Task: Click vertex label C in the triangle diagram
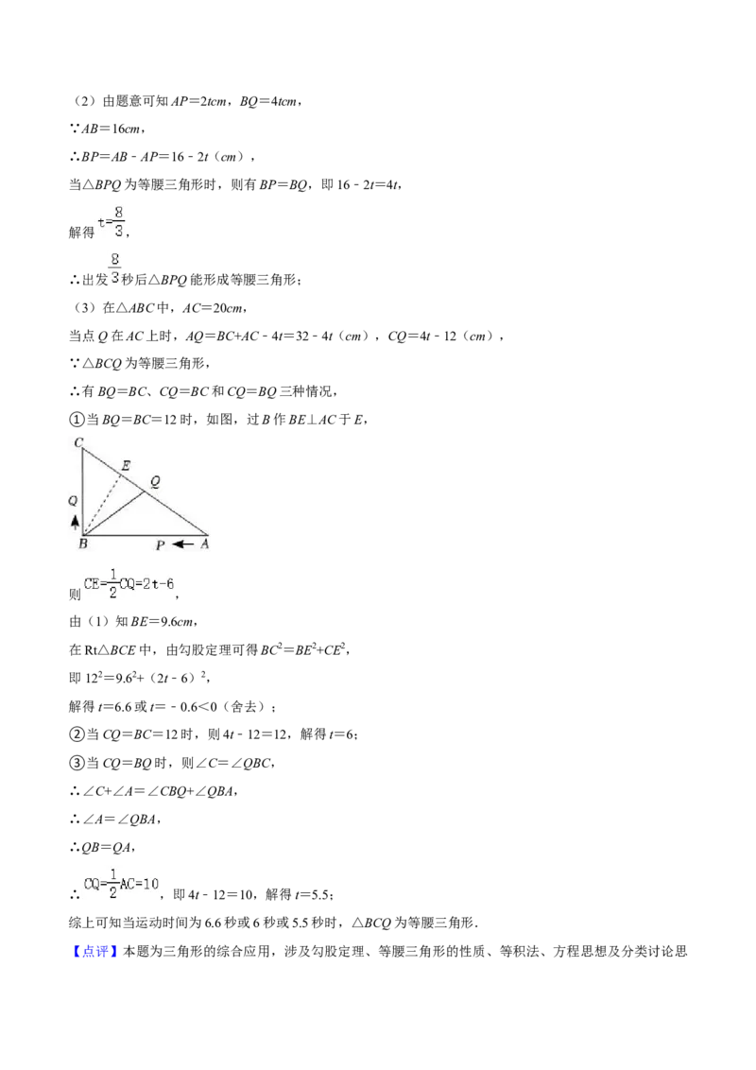point(78,443)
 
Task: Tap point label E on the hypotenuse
point(126,465)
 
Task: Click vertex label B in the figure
point(82,544)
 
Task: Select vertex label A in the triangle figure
point(204,544)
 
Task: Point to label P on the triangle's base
point(161,544)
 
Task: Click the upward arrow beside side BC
point(75,522)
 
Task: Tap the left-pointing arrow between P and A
point(182,544)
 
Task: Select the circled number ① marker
point(77,420)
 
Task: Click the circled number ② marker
point(77,734)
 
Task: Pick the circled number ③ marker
point(77,762)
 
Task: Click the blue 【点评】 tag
point(94,951)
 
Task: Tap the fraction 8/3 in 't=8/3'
point(119,222)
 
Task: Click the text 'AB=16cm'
point(110,129)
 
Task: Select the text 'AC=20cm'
point(213,308)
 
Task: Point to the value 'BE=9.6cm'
point(163,621)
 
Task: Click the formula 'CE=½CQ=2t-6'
point(129,584)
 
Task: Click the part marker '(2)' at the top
point(83,101)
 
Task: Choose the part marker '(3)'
point(83,308)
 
